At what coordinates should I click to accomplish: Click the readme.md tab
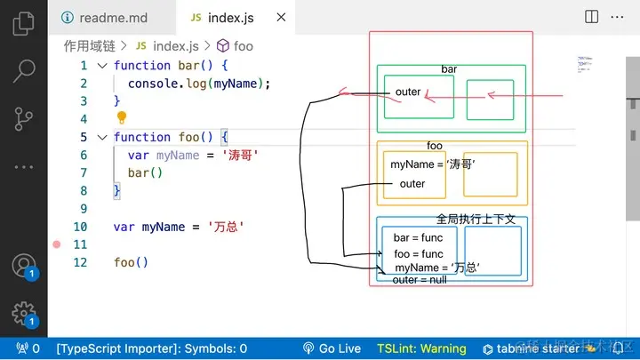tap(104, 17)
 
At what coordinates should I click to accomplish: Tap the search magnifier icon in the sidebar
tap(24, 70)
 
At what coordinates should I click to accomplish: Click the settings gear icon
tap(23, 312)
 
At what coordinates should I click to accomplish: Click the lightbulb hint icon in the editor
tap(122, 118)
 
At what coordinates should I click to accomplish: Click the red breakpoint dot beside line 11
tap(56, 244)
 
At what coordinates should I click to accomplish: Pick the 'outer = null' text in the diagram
tap(420, 280)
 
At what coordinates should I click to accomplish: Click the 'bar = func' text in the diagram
tap(418, 238)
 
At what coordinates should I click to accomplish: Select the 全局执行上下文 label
tap(476, 219)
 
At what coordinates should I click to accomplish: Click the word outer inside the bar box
tap(408, 92)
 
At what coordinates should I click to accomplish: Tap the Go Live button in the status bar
tap(332, 349)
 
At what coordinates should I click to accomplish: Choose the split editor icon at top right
tap(592, 17)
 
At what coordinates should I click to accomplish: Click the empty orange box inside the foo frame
tap(490, 174)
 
